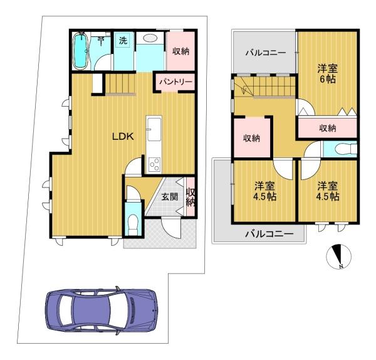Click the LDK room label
123,137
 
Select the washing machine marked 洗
123,41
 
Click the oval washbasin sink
150,38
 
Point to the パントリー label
175,82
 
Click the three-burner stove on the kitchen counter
155,164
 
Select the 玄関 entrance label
170,197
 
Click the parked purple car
102,310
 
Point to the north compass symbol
338,257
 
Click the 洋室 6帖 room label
328,73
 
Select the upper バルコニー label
266,53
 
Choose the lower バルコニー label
269,233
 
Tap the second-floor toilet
345,149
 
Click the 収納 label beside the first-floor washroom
181,51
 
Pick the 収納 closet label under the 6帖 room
328,129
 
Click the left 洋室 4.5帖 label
264,191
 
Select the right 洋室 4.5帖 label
328,191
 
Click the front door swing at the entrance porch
171,228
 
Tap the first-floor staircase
120,83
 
